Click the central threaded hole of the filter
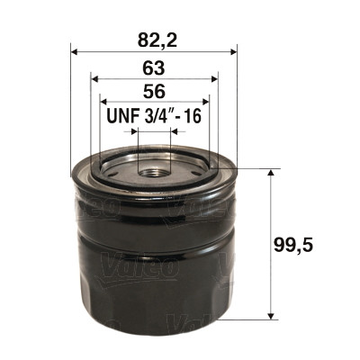[x=153, y=168]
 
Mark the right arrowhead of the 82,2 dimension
[x=232, y=50]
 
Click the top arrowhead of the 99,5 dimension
[x=271, y=171]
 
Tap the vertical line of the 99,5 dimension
[x=271, y=243]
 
